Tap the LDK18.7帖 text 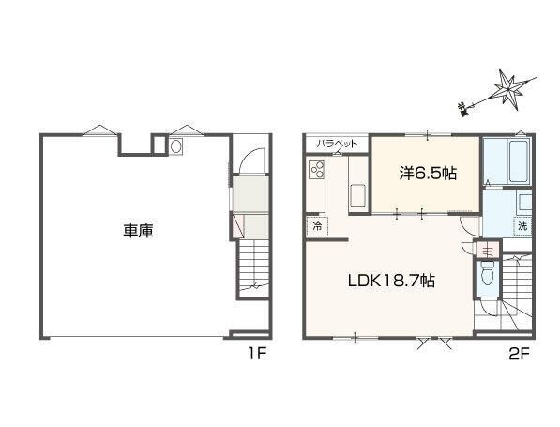(391, 280)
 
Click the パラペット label (335, 143)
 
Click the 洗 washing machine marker (522, 226)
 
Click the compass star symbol (511, 88)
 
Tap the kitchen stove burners (315, 170)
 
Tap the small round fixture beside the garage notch (175, 145)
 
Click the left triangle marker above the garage (98, 130)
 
